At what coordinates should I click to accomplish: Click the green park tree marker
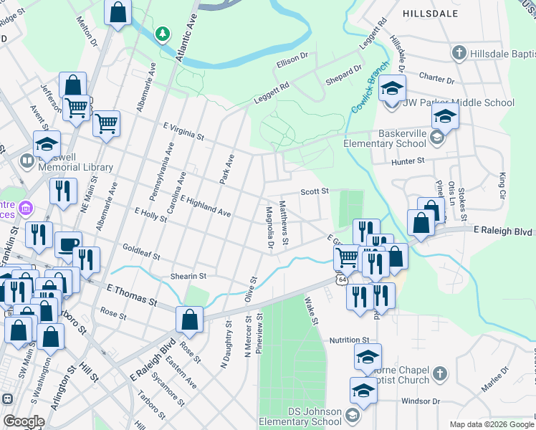coord(163,34)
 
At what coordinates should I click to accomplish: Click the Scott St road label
coord(314,191)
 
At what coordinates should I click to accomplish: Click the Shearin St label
coord(188,276)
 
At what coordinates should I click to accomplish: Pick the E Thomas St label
coord(131,295)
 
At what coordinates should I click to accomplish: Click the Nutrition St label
coord(349,340)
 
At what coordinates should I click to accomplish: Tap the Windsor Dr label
coord(419,401)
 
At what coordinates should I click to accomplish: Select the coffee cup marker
coord(68,244)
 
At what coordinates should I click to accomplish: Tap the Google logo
coord(24,421)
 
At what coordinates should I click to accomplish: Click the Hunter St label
coord(408,161)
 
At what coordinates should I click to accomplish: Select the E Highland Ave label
coord(206,206)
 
